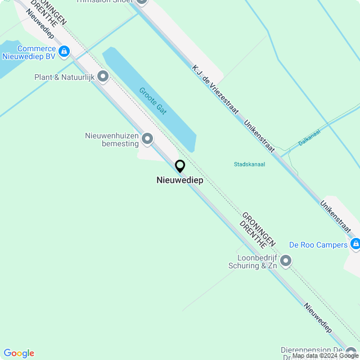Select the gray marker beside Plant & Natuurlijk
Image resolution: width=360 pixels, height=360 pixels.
(103, 76)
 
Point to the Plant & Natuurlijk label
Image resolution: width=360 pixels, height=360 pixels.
(63, 76)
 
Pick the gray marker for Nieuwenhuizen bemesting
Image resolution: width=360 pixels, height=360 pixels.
(147, 138)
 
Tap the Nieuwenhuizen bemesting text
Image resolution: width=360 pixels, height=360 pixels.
(111, 139)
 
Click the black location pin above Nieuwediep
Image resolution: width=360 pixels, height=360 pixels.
(180, 166)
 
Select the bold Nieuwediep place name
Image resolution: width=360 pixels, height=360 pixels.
(180, 181)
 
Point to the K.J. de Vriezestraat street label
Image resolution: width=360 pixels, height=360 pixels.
(215, 90)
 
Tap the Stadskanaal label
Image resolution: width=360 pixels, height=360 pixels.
(249, 164)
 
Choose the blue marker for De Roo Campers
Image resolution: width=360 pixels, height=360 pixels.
(355, 244)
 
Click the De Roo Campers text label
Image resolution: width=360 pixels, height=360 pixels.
(318, 245)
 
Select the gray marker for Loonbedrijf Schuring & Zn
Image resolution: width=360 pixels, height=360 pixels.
(286, 260)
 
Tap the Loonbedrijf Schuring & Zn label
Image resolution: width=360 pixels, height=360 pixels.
(253, 261)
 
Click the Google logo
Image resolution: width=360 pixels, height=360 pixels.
(19, 353)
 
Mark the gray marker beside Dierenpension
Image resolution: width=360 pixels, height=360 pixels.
(352, 352)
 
